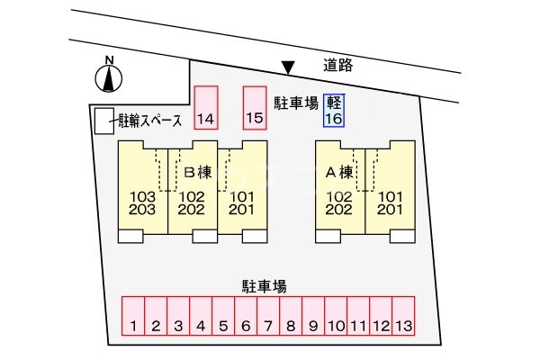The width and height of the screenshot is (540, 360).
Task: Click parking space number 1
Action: click(x=132, y=316)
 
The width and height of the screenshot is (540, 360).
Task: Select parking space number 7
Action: click(x=268, y=316)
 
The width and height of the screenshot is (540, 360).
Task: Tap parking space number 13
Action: click(x=403, y=316)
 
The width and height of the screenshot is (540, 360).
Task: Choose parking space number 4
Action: click(x=201, y=316)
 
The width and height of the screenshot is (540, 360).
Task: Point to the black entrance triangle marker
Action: click(x=288, y=67)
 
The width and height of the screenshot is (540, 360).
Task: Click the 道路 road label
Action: click(x=340, y=65)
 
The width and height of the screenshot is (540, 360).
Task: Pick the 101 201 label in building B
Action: click(x=241, y=202)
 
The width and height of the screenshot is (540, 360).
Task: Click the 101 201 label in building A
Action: click(x=390, y=202)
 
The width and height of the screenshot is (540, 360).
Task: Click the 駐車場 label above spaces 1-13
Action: click(x=264, y=286)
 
